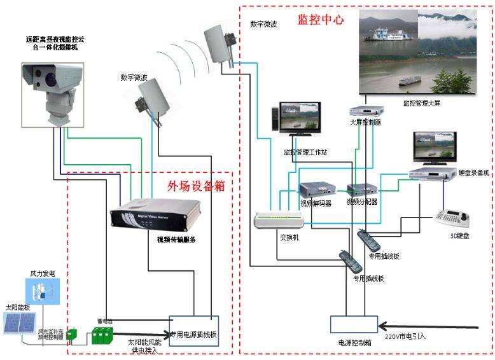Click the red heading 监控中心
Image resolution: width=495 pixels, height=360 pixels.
[321, 19]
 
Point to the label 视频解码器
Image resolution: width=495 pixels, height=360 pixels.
[316, 204]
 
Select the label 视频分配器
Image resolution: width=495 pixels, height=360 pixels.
[361, 202]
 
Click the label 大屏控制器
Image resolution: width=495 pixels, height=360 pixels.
[365, 122]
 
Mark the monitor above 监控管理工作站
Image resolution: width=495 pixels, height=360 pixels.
[301, 119]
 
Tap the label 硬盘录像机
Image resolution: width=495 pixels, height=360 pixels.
[473, 172]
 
